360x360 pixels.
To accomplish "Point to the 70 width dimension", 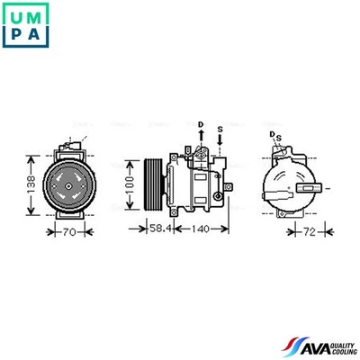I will pyautogui.click(x=69, y=231).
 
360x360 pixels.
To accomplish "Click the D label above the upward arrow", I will pyautogui.click(x=201, y=123).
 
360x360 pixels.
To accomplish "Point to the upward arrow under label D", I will pyautogui.click(x=201, y=136).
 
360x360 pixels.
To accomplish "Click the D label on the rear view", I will pyautogui.click(x=272, y=133).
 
